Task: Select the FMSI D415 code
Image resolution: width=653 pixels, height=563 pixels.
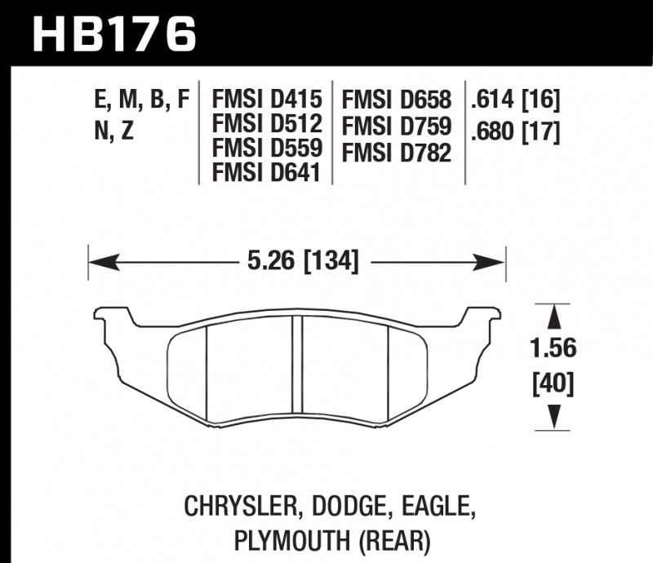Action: [267, 100]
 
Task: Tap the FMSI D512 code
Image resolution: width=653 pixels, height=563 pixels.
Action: [267, 125]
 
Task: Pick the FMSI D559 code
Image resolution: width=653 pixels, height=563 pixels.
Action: [267, 149]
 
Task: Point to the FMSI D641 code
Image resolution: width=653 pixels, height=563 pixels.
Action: [267, 173]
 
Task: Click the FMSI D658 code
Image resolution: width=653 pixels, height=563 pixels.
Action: [398, 100]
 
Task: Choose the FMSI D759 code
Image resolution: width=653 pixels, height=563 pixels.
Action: [398, 126]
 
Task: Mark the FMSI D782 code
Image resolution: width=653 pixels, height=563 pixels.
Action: [398, 152]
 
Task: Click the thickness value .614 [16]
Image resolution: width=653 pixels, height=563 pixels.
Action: [514, 100]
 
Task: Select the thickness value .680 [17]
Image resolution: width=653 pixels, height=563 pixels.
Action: [514, 131]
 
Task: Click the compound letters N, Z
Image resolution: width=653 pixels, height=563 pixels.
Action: [114, 131]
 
